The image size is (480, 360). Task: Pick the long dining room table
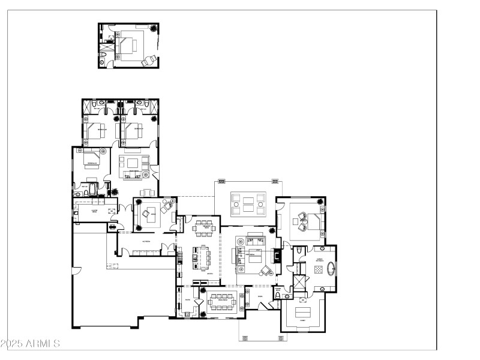pyautogui.click(x=225, y=301)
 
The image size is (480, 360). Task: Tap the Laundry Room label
pyautogui.click(x=94, y=211)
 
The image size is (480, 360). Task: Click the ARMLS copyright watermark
pyautogui.click(x=30, y=344)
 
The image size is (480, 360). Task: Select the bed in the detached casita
pyautogui.click(x=128, y=46)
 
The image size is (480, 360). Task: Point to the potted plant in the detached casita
pyautogui.click(x=155, y=29)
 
